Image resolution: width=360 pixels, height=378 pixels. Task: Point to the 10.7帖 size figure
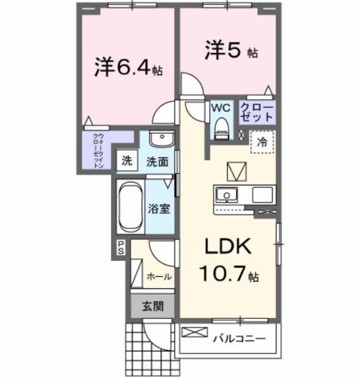228,275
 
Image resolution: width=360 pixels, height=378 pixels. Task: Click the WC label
220,109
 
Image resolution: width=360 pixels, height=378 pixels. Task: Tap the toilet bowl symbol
220,127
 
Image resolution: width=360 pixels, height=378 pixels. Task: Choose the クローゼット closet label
257,112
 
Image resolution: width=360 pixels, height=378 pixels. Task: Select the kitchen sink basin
225,195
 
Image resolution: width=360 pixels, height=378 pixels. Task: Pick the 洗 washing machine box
126,160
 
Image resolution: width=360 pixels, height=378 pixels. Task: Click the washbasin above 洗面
160,139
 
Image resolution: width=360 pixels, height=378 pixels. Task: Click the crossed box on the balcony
192,333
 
